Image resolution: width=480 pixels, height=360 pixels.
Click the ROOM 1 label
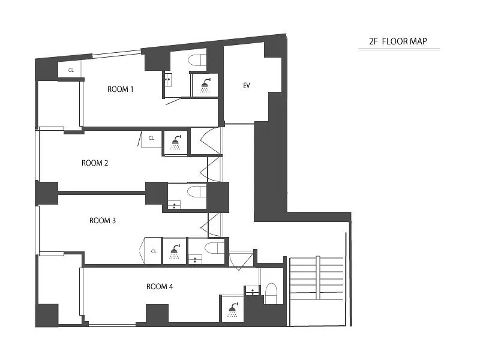121,89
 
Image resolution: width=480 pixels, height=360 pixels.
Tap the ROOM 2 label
95,163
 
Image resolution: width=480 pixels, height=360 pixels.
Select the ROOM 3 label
103,220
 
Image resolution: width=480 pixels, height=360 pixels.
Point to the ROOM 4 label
160,287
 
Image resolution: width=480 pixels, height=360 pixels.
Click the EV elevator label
247,85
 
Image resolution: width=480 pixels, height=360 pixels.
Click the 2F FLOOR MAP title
398,41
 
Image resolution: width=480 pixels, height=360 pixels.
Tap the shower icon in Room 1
205,85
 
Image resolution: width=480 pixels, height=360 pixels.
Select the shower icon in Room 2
176,142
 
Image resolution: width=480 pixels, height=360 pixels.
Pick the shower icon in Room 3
175,251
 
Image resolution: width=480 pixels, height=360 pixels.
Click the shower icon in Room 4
233,310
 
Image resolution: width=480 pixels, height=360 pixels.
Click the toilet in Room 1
197,61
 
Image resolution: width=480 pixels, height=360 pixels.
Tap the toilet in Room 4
271,293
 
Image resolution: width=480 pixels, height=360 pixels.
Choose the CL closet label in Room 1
71,70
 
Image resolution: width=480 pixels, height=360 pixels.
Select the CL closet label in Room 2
151,138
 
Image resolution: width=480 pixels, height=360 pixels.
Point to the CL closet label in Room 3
154,251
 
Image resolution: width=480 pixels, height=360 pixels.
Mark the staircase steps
317,278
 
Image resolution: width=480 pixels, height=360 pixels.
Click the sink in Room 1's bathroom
169,80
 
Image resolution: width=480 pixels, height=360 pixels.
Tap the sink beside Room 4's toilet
252,290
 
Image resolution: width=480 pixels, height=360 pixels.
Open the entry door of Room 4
241,260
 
